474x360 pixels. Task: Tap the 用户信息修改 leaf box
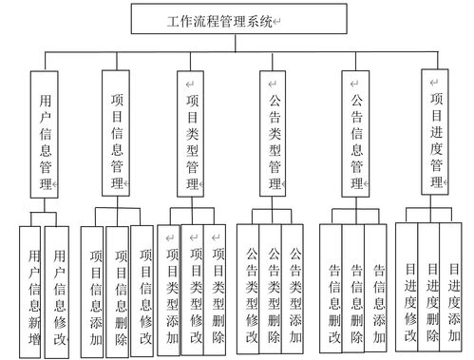(x=60, y=289)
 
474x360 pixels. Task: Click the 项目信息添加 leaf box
(x=93, y=289)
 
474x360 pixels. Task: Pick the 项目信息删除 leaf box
(x=120, y=289)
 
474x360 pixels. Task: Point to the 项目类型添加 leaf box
(x=171, y=289)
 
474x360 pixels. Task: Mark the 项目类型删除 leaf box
(x=218, y=289)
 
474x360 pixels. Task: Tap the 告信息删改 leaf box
(x=332, y=289)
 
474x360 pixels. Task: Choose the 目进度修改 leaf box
(x=408, y=289)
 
